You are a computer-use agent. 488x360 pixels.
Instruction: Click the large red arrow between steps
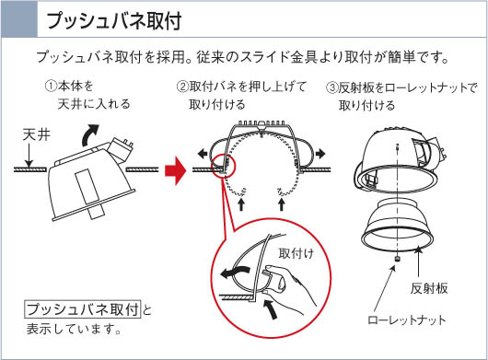click(175, 170)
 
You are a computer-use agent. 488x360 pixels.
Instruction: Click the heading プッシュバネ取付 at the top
click(114, 21)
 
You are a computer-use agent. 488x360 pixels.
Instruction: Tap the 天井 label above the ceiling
click(37, 135)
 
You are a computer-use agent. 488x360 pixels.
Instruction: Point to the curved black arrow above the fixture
click(89, 134)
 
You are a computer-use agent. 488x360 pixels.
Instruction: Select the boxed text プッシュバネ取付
click(83, 309)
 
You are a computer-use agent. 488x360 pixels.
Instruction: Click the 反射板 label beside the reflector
click(429, 288)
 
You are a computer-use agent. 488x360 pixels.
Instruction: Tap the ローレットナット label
click(407, 319)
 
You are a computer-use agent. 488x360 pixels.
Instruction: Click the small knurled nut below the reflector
click(397, 258)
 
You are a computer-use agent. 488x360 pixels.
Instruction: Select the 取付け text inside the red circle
click(296, 253)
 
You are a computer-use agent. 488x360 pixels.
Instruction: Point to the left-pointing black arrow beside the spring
click(203, 154)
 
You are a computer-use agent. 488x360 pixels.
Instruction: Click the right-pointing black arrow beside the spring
click(320, 154)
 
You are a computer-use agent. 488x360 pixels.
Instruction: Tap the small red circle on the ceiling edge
click(224, 166)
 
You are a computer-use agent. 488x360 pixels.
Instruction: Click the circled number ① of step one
click(51, 86)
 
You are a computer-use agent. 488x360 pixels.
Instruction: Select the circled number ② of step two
click(182, 87)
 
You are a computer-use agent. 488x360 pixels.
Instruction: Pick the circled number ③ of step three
click(331, 87)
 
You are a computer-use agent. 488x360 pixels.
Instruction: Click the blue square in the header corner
click(19, 18)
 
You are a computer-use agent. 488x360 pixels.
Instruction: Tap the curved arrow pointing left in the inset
click(235, 272)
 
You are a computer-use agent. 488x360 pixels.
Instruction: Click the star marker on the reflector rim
click(418, 249)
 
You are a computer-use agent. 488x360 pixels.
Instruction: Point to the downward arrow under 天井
click(29, 156)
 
